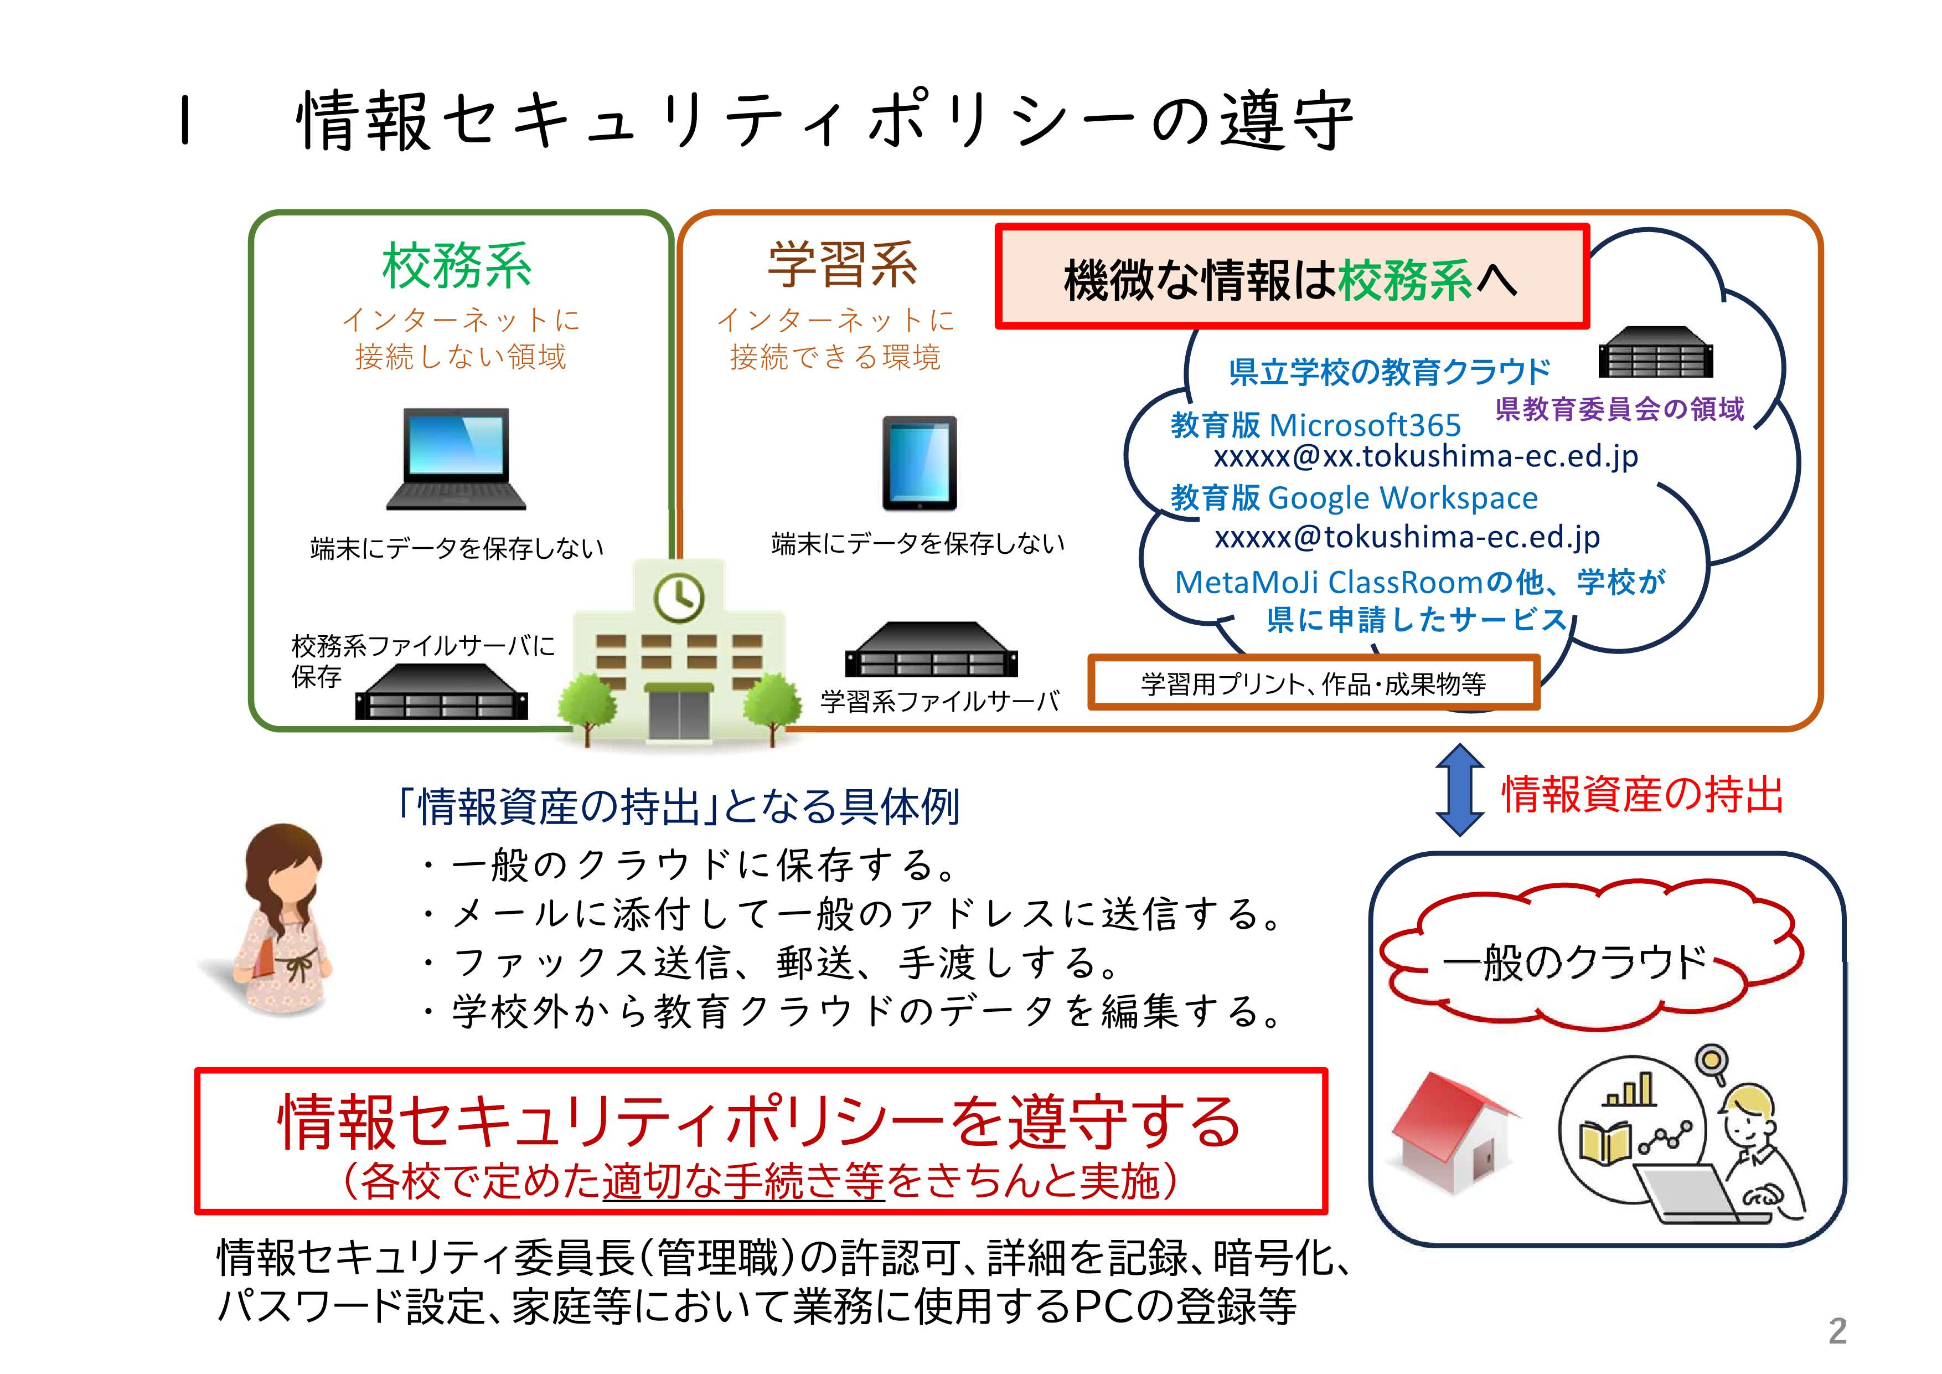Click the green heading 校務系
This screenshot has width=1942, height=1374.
[457, 266]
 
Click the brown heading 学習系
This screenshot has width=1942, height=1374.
[841, 264]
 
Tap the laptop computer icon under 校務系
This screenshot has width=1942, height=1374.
[456, 460]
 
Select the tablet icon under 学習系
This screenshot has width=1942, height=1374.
[920, 463]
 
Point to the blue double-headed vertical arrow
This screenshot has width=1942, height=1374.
[1460, 789]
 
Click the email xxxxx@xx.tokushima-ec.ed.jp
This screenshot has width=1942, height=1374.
[1425, 457]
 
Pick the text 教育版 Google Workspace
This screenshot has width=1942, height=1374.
[1354, 497]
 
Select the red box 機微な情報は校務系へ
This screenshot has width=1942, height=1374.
[1292, 277]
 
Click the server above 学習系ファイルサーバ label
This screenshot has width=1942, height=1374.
[931, 650]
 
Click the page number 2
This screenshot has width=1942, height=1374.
[1837, 1331]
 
